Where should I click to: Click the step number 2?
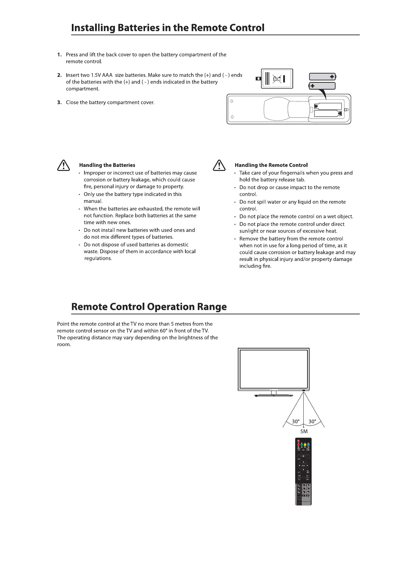tap(60, 75)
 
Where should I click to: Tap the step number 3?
tap(60, 102)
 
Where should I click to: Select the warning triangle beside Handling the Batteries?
tap(63, 166)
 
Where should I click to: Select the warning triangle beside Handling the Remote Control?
tap(218, 166)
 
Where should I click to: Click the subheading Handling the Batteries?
tap(107, 165)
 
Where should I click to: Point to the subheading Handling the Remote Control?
tap(271, 165)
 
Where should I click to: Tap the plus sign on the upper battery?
tap(332, 77)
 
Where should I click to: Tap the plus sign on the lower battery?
tap(312, 86)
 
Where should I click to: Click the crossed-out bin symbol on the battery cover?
tap(277, 79)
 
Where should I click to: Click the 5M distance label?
tap(304, 431)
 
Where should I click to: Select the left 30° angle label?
tap(296, 421)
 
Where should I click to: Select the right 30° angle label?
tap(312, 421)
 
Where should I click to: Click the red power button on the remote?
tap(298, 441)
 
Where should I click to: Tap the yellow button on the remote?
tap(305, 444)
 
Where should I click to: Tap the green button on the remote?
tap(302, 444)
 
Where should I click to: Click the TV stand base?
tap(274, 395)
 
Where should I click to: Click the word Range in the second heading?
tap(212, 306)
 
